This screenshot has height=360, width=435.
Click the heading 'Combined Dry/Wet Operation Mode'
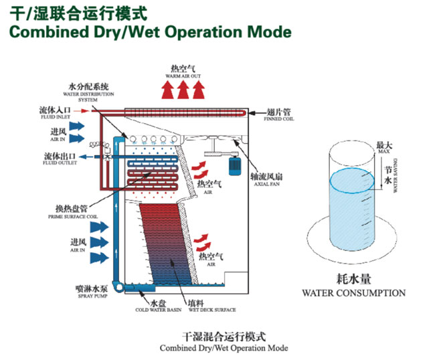coord(147,31)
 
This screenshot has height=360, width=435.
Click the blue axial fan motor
coord(235,165)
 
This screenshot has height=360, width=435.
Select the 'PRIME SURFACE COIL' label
coord(68,217)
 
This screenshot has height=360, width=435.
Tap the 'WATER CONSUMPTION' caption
coord(353,292)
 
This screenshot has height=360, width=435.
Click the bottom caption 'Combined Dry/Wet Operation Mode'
coord(224,348)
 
